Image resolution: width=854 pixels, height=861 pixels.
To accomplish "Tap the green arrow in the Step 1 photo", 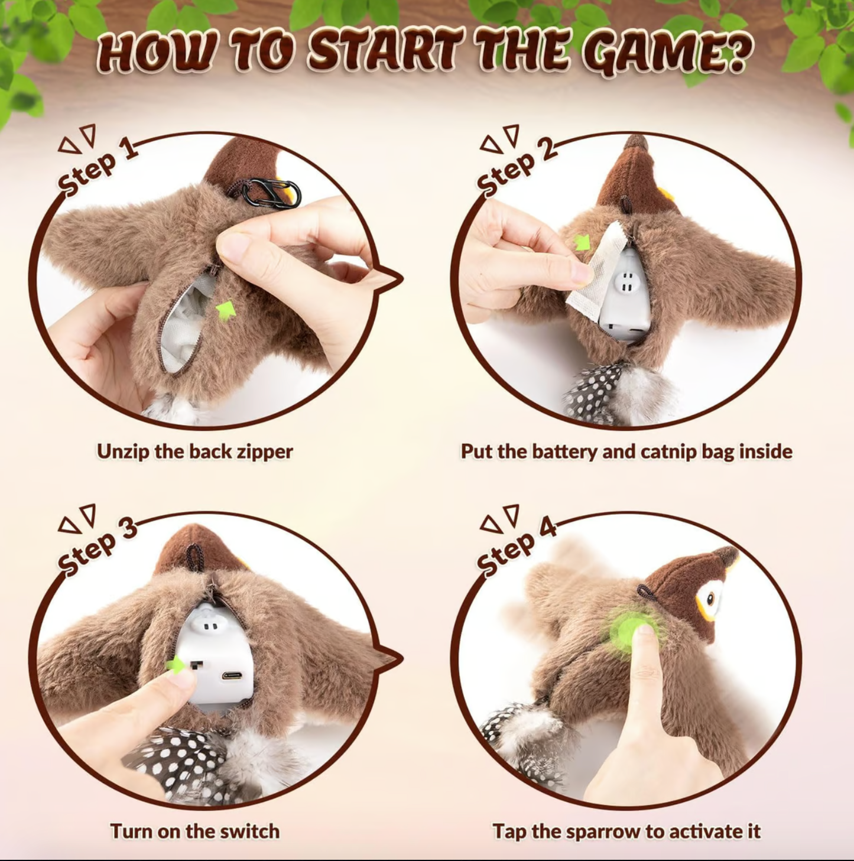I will coord(225,310).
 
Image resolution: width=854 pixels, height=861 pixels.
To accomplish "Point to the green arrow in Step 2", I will coord(582,243).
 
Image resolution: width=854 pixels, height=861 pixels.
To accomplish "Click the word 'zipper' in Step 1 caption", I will coord(264,451).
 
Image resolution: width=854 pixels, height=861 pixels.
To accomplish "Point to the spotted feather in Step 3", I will coord(177,762).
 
